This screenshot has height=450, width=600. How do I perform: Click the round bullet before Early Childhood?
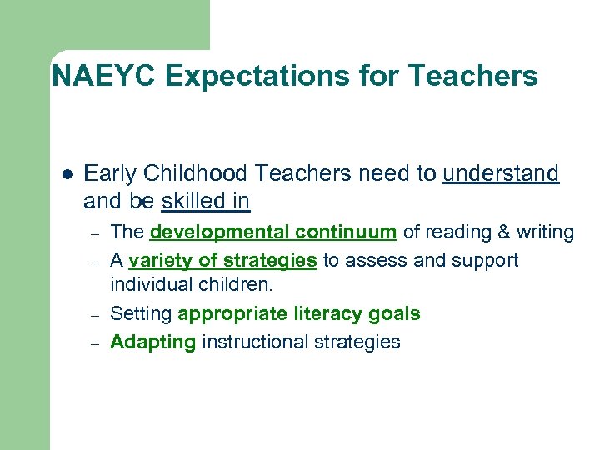tap(67, 174)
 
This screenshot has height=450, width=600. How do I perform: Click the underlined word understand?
tap(501, 173)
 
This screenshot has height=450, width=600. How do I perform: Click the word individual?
tap(147, 286)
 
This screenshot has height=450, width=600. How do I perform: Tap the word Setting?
tap(141, 314)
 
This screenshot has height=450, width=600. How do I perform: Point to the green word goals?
tap(396, 314)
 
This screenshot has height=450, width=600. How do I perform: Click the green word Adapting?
tap(152, 342)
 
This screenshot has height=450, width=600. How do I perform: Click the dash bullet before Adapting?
tap(97, 342)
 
